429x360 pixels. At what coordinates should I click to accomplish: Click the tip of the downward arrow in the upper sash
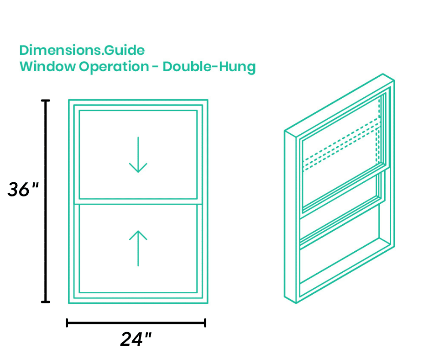coord(138,173)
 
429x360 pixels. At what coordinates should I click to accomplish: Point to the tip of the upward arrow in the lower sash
coord(138,231)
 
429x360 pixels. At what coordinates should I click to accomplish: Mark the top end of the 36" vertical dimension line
coord(46,101)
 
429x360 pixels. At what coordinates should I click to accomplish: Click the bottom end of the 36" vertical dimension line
coord(46,302)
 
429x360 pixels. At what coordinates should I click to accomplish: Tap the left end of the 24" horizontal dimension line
coord(67,323)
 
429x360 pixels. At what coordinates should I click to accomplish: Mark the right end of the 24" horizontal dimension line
coord(205,323)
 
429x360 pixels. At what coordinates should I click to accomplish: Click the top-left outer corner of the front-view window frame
coord(68,100)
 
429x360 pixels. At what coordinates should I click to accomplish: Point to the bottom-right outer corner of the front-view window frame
coord(208,303)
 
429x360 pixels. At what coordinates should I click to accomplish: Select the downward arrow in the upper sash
coord(138,155)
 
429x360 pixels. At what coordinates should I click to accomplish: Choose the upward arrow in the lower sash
coord(138,248)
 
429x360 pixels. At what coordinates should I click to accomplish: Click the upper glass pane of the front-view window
coord(138,155)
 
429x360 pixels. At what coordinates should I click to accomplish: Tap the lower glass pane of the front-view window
coord(138,249)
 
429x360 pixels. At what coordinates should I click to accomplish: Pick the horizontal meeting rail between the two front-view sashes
coord(138,201)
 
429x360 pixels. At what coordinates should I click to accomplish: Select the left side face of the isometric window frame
coord(290,217)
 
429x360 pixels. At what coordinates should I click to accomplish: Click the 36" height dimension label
coord(23,189)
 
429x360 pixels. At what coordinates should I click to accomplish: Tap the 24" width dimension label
coord(136,339)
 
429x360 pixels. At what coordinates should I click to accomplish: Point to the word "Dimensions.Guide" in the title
coord(82,50)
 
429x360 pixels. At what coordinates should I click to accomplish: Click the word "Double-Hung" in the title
coord(209,67)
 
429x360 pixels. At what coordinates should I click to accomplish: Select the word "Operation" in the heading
coord(114,67)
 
